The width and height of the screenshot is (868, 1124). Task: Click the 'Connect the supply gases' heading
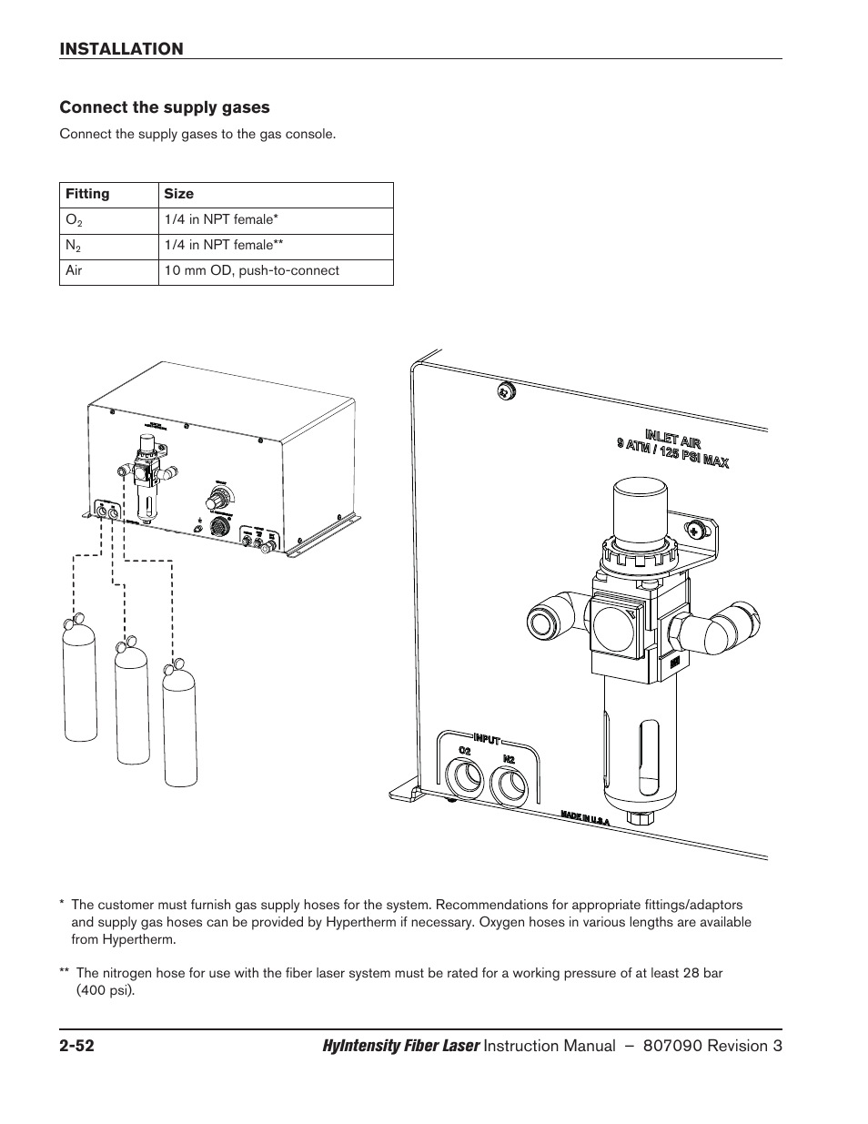tap(165, 107)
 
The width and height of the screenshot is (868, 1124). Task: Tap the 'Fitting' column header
tap(87, 194)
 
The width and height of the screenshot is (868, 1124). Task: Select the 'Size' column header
tap(178, 194)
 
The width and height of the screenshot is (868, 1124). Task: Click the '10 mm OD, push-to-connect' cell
tap(252, 270)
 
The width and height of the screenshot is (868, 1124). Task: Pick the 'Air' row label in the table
tap(74, 270)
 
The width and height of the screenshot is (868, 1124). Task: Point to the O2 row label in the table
tap(72, 220)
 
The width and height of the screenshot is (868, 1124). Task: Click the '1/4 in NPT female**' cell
tap(231, 245)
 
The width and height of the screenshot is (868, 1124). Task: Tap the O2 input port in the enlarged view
tap(465, 779)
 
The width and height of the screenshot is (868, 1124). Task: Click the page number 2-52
tap(78, 1047)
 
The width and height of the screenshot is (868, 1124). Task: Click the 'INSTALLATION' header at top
tap(121, 49)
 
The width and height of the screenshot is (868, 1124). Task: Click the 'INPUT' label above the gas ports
tap(487, 738)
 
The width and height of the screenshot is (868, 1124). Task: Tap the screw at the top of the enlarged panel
tap(506, 391)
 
